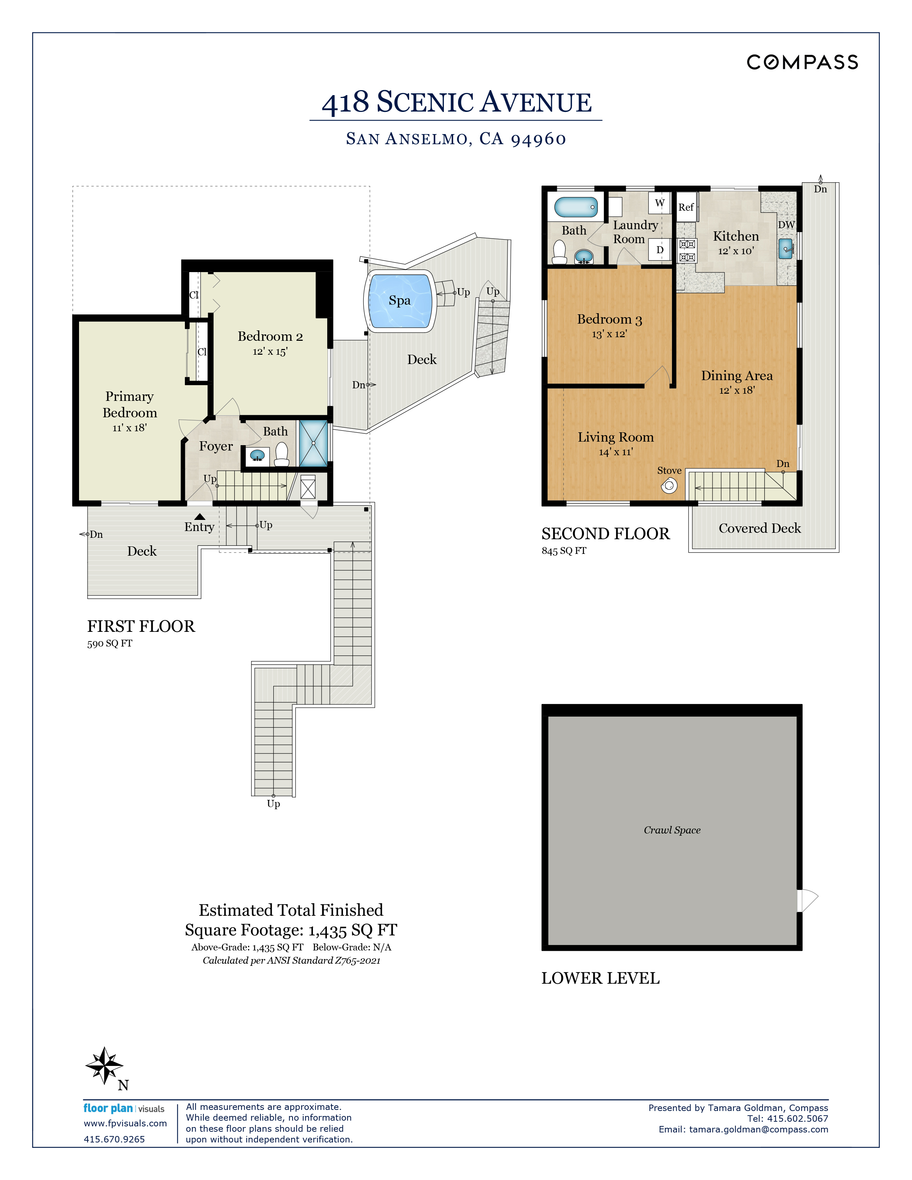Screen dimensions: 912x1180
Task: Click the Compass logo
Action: tap(802, 62)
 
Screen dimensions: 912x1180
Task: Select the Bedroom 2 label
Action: tap(270, 336)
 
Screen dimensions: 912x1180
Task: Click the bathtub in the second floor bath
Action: tap(576, 207)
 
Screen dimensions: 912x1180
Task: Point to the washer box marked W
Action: tap(660, 203)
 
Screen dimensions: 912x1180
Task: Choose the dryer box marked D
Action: tap(660, 250)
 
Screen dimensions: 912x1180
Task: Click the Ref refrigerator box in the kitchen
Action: tap(686, 207)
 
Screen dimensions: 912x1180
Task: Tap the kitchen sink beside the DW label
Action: tap(786, 249)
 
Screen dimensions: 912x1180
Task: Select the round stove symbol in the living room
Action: tap(669, 486)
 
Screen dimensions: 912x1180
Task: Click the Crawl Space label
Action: tap(672, 830)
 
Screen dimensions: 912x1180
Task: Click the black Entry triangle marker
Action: tap(200, 517)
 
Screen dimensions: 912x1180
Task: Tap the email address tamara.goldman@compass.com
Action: tap(759, 1129)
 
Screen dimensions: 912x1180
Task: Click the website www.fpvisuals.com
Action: tap(125, 1123)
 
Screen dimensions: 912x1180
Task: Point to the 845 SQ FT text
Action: tap(564, 551)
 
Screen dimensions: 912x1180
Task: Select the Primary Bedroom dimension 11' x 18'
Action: tap(130, 428)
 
